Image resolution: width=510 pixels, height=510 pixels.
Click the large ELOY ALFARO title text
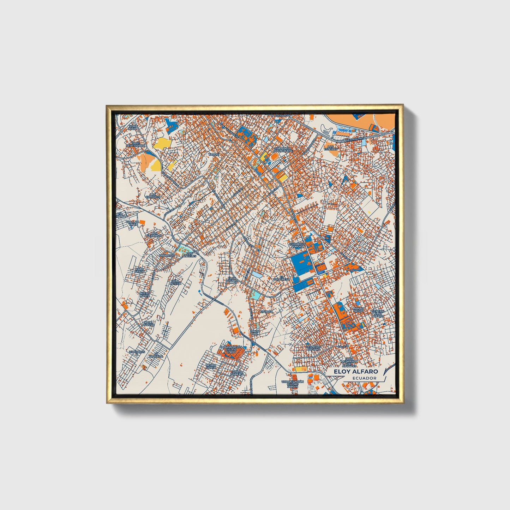pos(356,372)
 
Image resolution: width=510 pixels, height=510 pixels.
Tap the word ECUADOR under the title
pos(364,378)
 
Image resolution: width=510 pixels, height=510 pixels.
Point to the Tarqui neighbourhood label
pos(214,155)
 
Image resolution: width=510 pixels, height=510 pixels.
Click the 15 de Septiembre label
pos(136,144)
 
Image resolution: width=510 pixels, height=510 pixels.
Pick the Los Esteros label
pos(331,148)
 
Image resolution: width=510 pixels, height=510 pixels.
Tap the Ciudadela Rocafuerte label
pos(283,149)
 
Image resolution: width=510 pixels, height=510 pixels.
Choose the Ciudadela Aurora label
pos(297,245)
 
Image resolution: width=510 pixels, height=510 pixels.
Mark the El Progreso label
pos(282,278)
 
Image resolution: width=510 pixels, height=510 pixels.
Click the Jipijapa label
pos(266,312)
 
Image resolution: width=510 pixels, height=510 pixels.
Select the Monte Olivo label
pos(358,310)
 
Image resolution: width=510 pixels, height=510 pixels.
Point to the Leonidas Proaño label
pos(314,348)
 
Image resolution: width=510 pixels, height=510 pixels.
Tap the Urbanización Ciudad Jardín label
pos(293,384)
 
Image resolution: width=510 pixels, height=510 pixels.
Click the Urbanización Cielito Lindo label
pos(231,350)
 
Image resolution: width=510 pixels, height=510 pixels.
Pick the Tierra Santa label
pos(211,366)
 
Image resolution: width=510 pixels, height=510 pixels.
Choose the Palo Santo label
pos(140,270)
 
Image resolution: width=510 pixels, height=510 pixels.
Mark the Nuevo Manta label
pos(144,294)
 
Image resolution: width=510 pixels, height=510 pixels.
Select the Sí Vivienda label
pos(156,355)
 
